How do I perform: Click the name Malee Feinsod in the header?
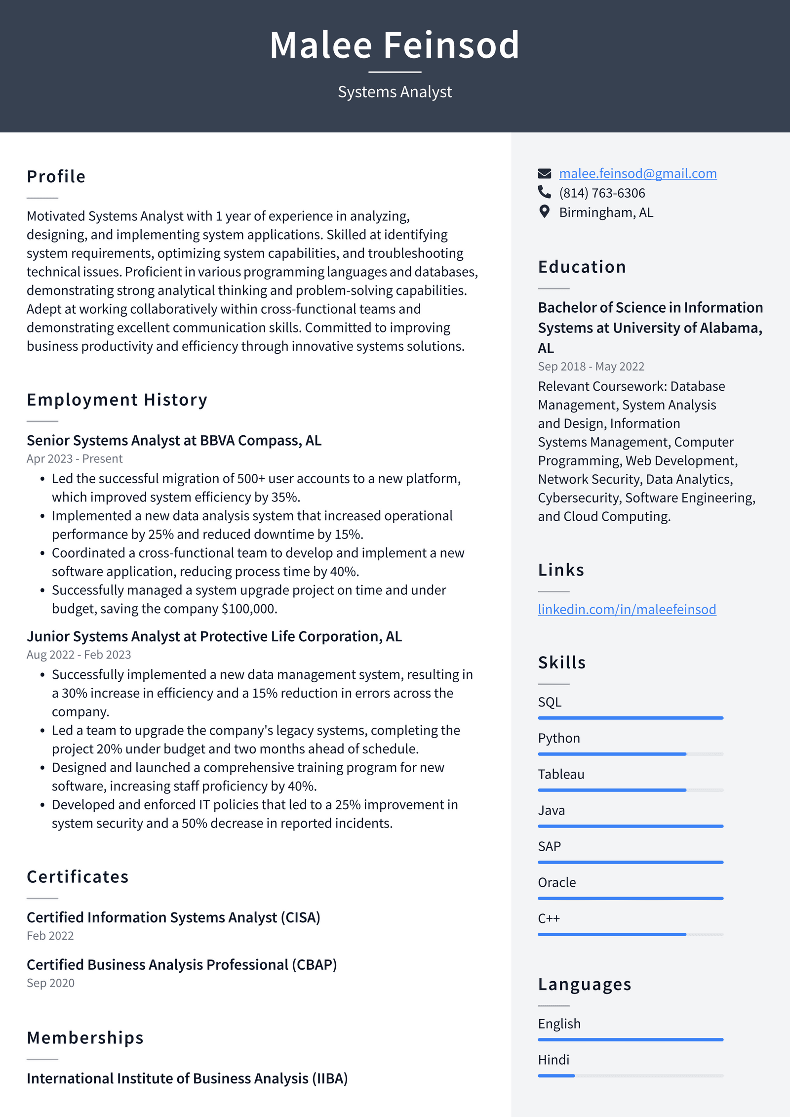[x=395, y=45]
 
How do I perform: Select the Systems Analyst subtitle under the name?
[x=395, y=92]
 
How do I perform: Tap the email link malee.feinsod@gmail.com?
[x=637, y=173]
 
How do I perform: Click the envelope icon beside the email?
[x=544, y=173]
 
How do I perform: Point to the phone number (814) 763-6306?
[x=602, y=193]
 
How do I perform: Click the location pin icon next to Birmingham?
[x=544, y=212]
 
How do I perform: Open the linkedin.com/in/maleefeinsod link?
[x=627, y=609]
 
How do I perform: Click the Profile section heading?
[x=56, y=177]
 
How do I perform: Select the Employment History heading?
[x=117, y=400]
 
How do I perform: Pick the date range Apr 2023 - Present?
[x=75, y=458]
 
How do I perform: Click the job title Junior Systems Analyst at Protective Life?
[x=214, y=636]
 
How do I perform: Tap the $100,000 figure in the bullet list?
[x=248, y=609]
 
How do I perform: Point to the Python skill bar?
[x=630, y=754]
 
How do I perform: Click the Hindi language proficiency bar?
[x=630, y=1076]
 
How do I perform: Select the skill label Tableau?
[x=561, y=774]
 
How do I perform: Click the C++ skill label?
[x=549, y=918]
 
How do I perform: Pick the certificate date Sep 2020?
[x=50, y=983]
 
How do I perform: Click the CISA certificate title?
[x=173, y=917]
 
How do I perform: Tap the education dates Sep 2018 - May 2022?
[x=591, y=367]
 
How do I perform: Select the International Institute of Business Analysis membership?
[x=187, y=1078]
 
